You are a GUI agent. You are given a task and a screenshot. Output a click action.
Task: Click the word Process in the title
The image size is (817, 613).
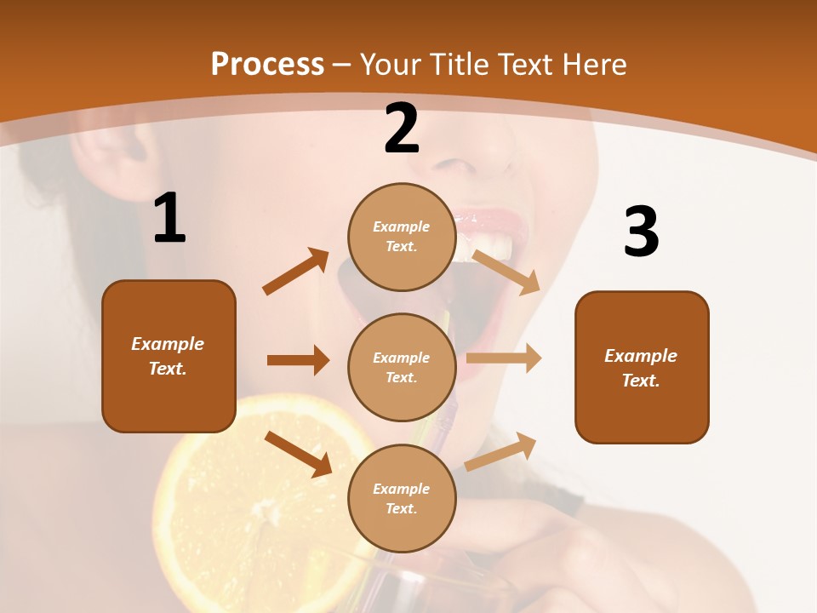pos(267,65)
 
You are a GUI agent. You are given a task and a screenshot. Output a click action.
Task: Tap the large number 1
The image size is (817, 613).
pos(169,219)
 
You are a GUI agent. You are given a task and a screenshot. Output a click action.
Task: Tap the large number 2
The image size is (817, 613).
pos(402,129)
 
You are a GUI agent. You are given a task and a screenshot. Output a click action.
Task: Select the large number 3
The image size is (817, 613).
pos(641,232)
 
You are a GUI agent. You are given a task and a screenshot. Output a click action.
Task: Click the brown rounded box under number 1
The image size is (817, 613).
pos(169,356)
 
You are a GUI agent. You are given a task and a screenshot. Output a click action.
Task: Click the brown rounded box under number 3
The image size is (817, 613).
pos(642,367)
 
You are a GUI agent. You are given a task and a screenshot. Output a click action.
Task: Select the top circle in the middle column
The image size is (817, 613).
pos(402,237)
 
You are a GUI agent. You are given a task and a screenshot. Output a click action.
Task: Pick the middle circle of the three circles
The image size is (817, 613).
pos(402,367)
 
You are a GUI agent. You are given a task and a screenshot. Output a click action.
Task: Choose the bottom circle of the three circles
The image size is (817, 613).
pos(402,498)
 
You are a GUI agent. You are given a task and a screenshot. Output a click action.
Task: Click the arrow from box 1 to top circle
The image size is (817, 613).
pos(296,271)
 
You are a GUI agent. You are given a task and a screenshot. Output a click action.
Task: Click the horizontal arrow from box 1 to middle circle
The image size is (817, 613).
pos(298,360)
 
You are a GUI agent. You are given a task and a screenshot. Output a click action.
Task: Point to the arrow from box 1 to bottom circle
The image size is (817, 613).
pos(299,454)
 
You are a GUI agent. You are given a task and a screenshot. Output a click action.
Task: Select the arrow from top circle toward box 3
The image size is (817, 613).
pos(507,272)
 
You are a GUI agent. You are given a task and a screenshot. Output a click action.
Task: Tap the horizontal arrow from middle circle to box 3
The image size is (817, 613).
pos(504,358)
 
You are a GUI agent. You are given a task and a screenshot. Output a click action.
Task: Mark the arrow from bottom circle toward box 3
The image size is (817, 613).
pos(500,451)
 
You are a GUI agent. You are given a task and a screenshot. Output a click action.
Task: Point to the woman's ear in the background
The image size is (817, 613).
pos(111,149)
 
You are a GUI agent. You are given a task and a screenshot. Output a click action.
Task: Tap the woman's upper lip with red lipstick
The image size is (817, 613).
pos(489,218)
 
